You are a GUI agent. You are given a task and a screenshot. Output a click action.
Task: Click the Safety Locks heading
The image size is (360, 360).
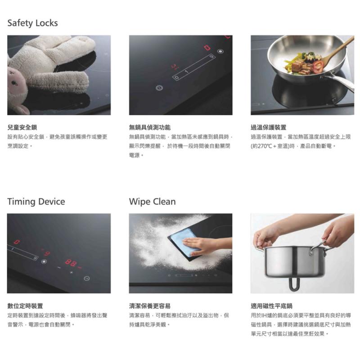point(32,23)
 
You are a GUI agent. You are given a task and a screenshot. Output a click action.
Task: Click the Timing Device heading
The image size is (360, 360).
point(36,202)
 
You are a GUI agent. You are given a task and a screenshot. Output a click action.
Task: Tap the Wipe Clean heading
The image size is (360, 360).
point(152,202)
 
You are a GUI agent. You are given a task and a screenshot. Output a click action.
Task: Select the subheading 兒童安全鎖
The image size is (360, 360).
point(22,127)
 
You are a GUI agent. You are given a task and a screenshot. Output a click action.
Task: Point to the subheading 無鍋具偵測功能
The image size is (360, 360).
point(150,127)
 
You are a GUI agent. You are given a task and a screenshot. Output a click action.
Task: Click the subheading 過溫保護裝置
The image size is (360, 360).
point(268,127)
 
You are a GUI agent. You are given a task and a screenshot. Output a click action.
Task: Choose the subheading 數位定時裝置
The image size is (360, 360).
point(25,306)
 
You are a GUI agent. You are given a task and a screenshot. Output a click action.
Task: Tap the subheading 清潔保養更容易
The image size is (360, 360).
point(150,306)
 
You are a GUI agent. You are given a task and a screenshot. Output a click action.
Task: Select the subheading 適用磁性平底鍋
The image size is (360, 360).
point(271,306)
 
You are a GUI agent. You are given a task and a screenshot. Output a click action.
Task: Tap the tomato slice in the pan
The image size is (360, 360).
point(318,66)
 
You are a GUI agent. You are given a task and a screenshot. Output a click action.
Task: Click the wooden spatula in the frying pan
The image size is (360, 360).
point(337,51)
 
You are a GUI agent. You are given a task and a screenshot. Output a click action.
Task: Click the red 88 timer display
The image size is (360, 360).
point(71,263)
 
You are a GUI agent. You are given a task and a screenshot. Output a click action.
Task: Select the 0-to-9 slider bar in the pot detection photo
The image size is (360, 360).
point(194,67)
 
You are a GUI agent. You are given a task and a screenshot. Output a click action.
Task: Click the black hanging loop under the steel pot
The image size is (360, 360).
point(295,284)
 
